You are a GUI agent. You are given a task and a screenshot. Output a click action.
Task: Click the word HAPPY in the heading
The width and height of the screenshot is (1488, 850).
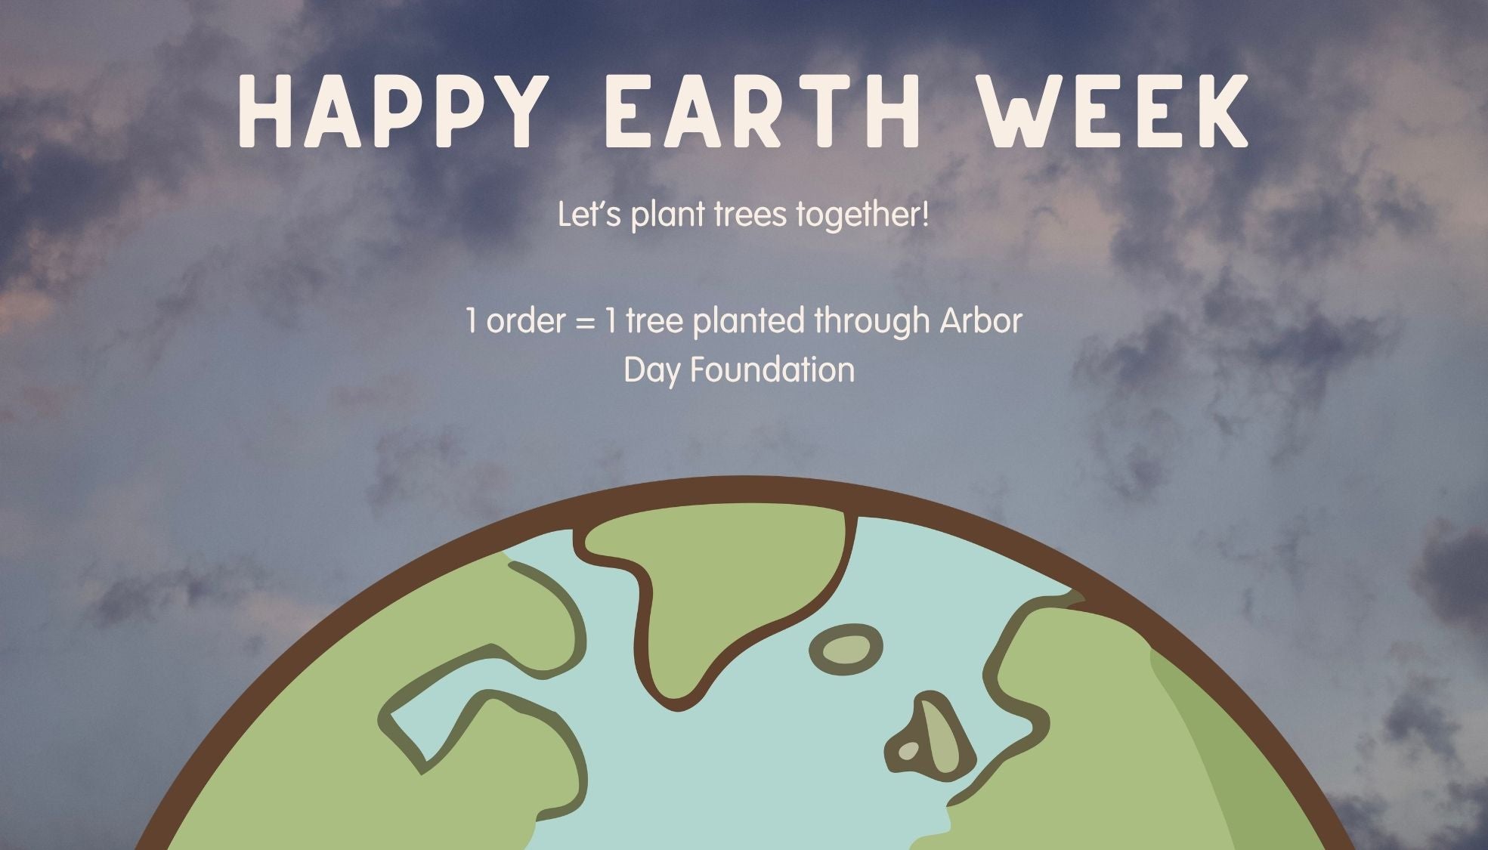pyautogui.click(x=390, y=110)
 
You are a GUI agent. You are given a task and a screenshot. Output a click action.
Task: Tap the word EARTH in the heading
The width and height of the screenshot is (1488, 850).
pyautogui.click(x=763, y=110)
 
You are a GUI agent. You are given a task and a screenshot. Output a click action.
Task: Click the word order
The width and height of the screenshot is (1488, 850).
pyautogui.click(x=526, y=322)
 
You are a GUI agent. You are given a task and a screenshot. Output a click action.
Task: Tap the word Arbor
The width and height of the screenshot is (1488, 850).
pyautogui.click(x=980, y=322)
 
